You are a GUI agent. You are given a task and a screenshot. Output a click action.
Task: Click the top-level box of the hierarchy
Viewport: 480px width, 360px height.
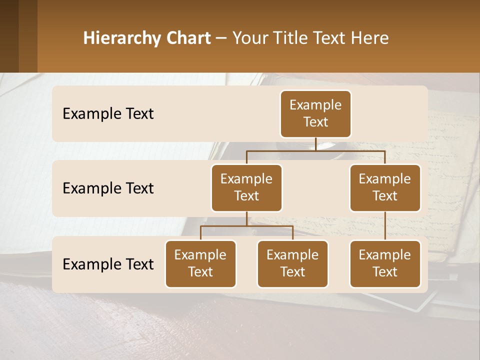tap(315, 114)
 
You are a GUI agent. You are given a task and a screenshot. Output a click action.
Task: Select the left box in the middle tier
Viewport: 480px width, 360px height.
tap(246, 188)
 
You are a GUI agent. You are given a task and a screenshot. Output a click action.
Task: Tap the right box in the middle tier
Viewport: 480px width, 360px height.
tap(385, 188)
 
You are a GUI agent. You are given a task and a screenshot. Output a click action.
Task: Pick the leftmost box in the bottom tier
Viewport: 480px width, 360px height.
tap(200, 264)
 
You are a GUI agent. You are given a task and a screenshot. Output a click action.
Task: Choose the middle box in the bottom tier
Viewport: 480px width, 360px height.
tap(292, 264)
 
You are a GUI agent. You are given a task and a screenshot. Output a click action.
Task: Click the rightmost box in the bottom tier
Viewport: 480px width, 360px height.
tap(385, 264)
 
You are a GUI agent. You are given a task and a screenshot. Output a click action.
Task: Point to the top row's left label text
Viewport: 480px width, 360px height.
tap(108, 114)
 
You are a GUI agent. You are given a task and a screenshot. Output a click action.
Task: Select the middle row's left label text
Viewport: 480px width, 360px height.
tap(108, 188)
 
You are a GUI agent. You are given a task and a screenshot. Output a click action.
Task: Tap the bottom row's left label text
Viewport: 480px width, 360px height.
tap(108, 264)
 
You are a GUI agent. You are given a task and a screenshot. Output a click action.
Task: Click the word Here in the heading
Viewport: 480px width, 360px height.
tap(370, 38)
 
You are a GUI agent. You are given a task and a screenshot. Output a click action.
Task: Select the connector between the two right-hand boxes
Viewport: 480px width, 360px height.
tap(385, 226)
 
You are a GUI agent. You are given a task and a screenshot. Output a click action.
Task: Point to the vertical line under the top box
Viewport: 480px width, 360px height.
tap(315, 144)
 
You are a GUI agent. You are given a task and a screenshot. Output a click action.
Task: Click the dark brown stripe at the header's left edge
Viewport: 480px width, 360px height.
tap(9, 36)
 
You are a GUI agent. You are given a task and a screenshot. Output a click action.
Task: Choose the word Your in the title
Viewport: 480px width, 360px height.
tap(250, 38)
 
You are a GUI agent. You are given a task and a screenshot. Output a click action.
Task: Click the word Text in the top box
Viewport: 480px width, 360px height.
tap(315, 122)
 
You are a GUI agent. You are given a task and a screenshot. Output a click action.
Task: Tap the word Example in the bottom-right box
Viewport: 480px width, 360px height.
tap(385, 255)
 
